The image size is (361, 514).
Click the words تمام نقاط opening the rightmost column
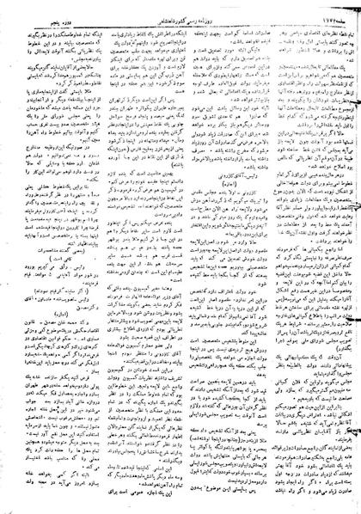coord(340,19)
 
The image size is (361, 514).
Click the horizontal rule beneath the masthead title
coord(180,13)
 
